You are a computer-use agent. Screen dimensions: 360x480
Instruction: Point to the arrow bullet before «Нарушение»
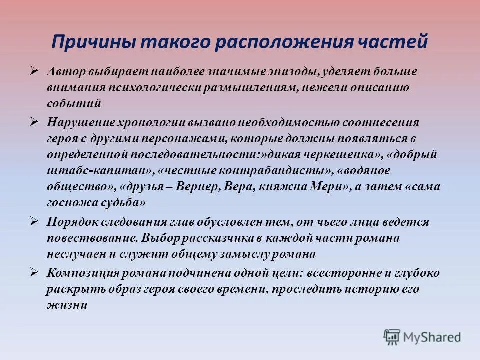pos(34,121)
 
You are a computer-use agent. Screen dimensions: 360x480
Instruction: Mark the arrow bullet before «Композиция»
pos(34,272)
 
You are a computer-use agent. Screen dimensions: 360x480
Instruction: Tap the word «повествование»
pos(92,238)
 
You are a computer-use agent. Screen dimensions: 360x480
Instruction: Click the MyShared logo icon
pos(392,337)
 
